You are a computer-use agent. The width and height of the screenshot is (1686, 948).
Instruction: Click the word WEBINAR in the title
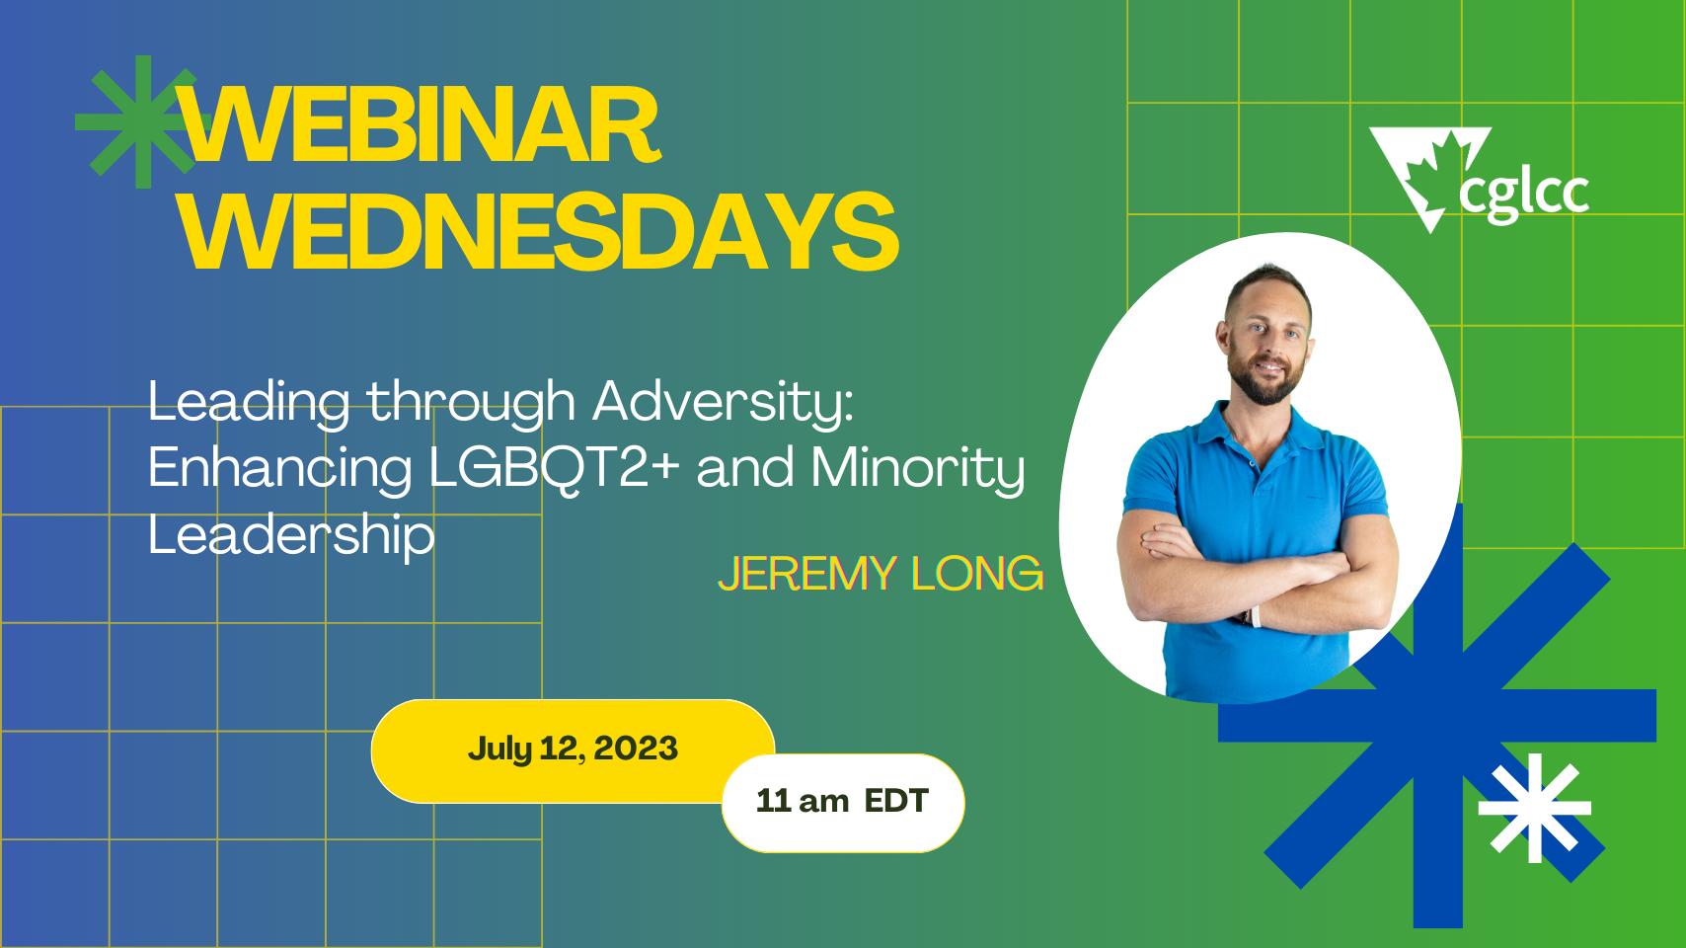pos(420,125)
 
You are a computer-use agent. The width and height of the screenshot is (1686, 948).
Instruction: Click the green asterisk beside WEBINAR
pos(138,121)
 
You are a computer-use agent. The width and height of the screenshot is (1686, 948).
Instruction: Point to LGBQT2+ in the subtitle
pos(554,467)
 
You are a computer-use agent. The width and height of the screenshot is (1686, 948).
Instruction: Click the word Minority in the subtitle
pos(917,467)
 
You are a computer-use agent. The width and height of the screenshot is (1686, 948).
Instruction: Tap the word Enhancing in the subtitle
pos(279,467)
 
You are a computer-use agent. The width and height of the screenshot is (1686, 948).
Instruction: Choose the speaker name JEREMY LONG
pos(881,574)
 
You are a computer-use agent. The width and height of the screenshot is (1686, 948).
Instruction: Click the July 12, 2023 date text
pos(573,749)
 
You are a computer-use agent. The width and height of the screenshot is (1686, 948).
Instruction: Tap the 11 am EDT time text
pos(842,801)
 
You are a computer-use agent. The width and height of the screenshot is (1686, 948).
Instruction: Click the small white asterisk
pos(1534,808)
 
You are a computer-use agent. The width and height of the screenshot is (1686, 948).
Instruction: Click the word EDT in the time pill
pos(896,801)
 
